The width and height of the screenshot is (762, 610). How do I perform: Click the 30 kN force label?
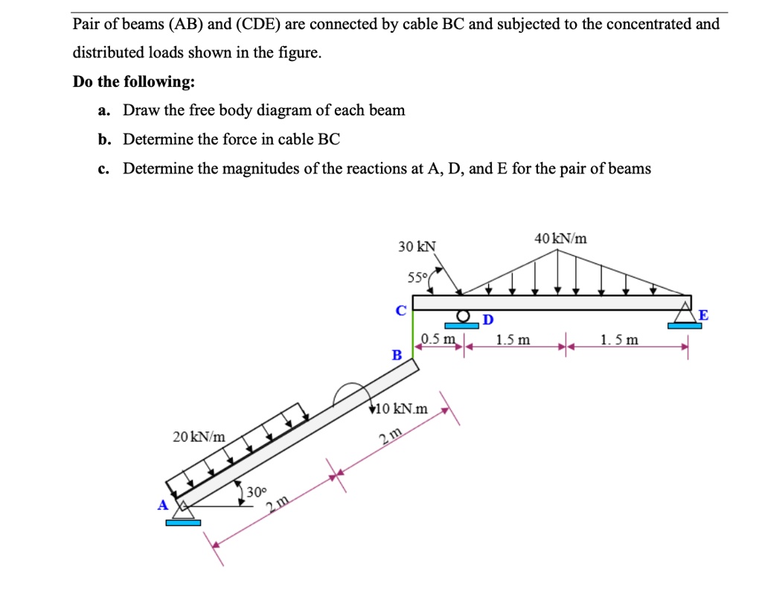(417, 246)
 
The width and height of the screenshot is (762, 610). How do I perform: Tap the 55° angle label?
(417, 278)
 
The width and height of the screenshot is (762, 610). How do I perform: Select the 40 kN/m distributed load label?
(560, 239)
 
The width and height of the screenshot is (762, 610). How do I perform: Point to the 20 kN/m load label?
(199, 437)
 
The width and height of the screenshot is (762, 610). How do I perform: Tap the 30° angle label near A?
(256, 492)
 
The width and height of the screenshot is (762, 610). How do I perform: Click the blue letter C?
(401, 310)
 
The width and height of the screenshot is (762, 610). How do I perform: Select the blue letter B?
(397, 356)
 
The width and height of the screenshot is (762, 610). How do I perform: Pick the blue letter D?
(488, 320)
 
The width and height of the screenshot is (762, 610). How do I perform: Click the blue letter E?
(703, 315)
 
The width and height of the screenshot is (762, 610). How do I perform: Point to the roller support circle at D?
(463, 316)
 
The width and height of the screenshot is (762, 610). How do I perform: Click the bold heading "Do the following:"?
(134, 82)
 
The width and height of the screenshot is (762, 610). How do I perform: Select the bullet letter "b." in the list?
(103, 140)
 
